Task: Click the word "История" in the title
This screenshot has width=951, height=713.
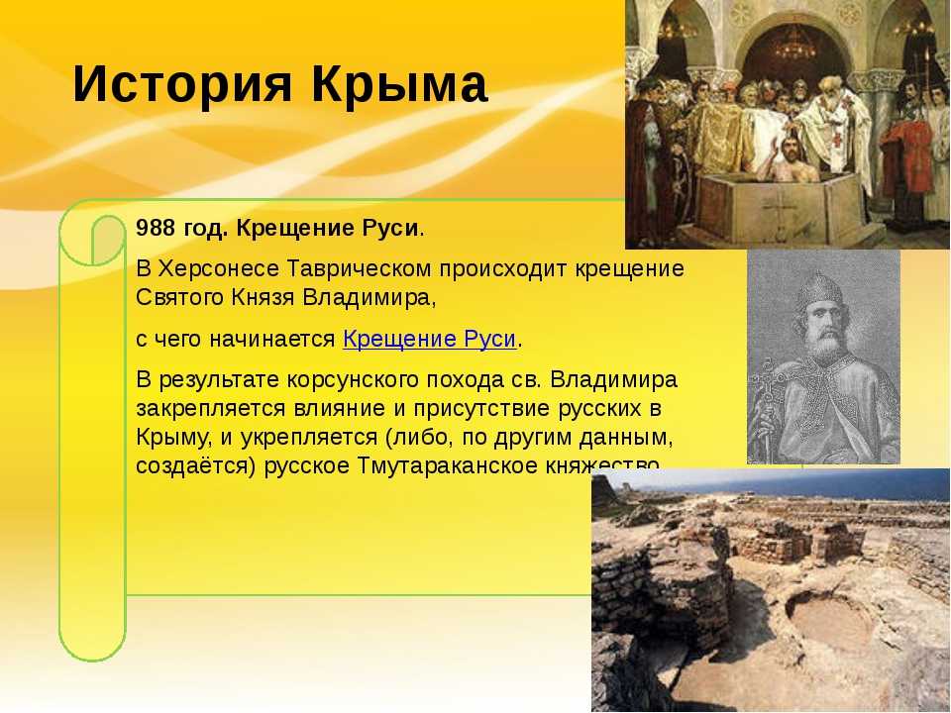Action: pyautogui.click(x=182, y=84)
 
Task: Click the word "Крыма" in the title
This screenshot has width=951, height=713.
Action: pyautogui.click(x=400, y=84)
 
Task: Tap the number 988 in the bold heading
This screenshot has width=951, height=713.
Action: pyautogui.click(x=156, y=228)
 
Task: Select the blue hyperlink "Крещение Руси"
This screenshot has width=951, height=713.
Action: pyautogui.click(x=429, y=339)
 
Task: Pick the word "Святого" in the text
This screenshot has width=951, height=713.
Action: pyautogui.click(x=179, y=298)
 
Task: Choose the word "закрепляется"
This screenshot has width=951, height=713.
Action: pyautogui.click(x=210, y=408)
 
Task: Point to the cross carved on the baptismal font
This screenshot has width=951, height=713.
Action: pyautogui.click(x=779, y=209)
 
